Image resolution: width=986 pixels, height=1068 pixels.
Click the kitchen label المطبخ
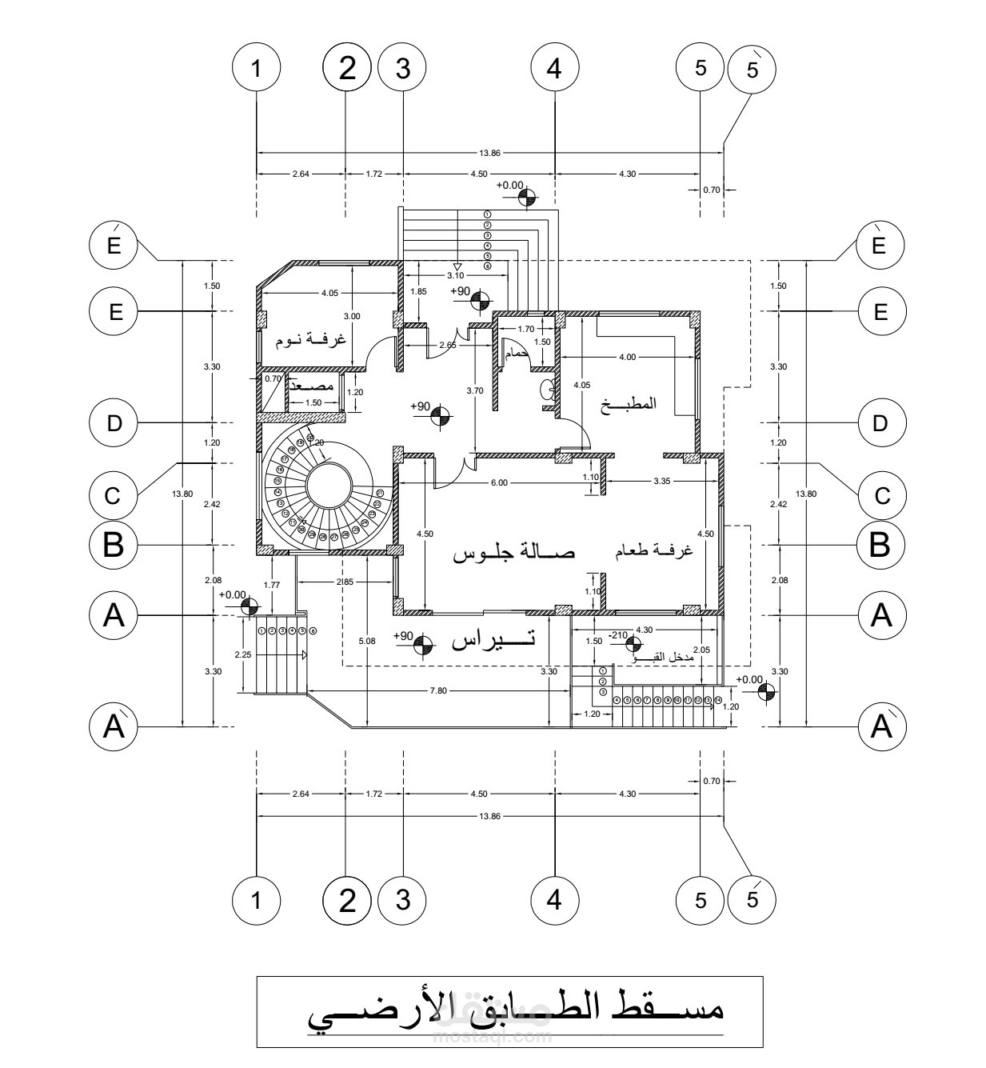point(633,403)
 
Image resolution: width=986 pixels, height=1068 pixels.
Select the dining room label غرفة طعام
point(653,552)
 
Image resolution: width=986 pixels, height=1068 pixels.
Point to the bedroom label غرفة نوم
point(311,339)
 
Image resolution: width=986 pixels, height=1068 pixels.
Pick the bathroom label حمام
point(516,353)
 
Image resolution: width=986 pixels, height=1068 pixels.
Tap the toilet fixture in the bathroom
point(549,390)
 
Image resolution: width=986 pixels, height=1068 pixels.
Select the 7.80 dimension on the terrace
point(437,689)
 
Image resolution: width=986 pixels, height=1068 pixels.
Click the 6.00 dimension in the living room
point(499,482)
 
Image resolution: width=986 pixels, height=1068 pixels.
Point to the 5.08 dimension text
point(366,640)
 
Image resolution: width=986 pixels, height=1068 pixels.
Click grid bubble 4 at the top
point(554,69)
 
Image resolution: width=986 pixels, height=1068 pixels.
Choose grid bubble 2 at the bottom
point(346,901)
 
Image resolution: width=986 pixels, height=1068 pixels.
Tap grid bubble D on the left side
point(115,422)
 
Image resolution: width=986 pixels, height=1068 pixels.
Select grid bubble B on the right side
point(880,546)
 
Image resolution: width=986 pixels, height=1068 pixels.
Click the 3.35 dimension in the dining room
point(661,482)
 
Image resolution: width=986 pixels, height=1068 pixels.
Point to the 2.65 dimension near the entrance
point(448,345)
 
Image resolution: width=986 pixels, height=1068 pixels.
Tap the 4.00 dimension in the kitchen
point(628,357)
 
